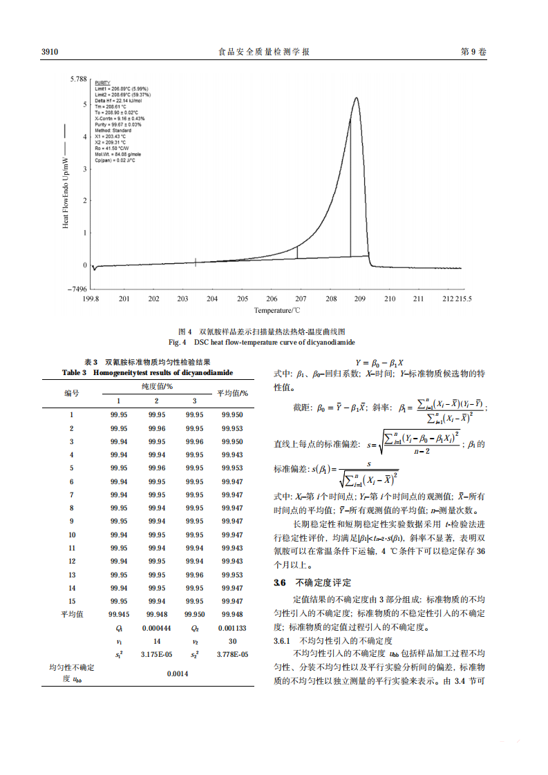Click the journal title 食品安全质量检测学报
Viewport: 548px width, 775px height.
point(263,52)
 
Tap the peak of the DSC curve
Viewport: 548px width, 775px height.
point(356,97)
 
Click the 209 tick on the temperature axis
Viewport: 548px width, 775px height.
point(359,298)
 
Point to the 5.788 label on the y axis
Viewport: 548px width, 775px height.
point(77,79)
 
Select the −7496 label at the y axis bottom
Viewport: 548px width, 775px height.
point(75,289)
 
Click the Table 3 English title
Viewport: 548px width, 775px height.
point(147,372)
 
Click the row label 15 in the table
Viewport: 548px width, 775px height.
point(71,601)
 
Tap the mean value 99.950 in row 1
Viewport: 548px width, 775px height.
point(232,415)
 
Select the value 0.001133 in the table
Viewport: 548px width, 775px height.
point(232,628)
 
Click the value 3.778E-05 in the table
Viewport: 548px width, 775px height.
point(232,653)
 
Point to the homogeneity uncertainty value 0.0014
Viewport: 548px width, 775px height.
point(178,674)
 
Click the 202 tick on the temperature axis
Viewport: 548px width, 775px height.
point(153,298)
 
